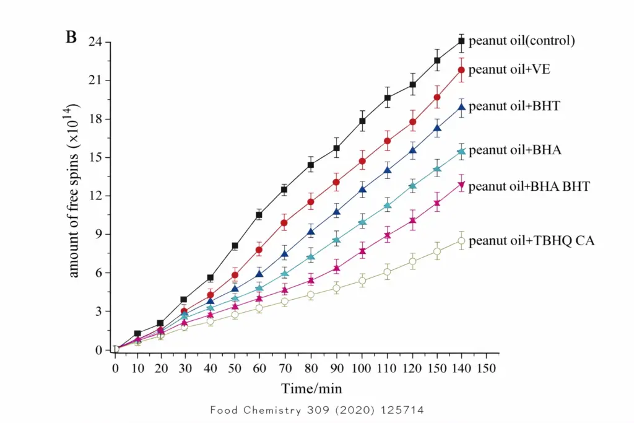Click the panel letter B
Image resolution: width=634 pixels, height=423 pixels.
click(x=71, y=37)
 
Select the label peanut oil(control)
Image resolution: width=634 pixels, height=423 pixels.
click(x=522, y=41)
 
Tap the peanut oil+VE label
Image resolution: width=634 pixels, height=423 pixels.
click(x=510, y=69)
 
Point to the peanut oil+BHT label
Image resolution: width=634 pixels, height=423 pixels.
click(x=515, y=106)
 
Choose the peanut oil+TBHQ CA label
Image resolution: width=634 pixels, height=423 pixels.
click(x=532, y=241)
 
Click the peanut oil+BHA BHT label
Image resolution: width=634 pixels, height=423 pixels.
click(x=530, y=186)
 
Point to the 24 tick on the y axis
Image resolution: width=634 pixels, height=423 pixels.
click(x=95, y=42)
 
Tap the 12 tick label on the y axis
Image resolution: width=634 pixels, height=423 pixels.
click(x=95, y=196)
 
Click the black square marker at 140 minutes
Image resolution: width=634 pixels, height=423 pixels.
click(x=461, y=41)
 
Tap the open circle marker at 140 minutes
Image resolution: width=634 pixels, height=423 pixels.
click(x=461, y=241)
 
